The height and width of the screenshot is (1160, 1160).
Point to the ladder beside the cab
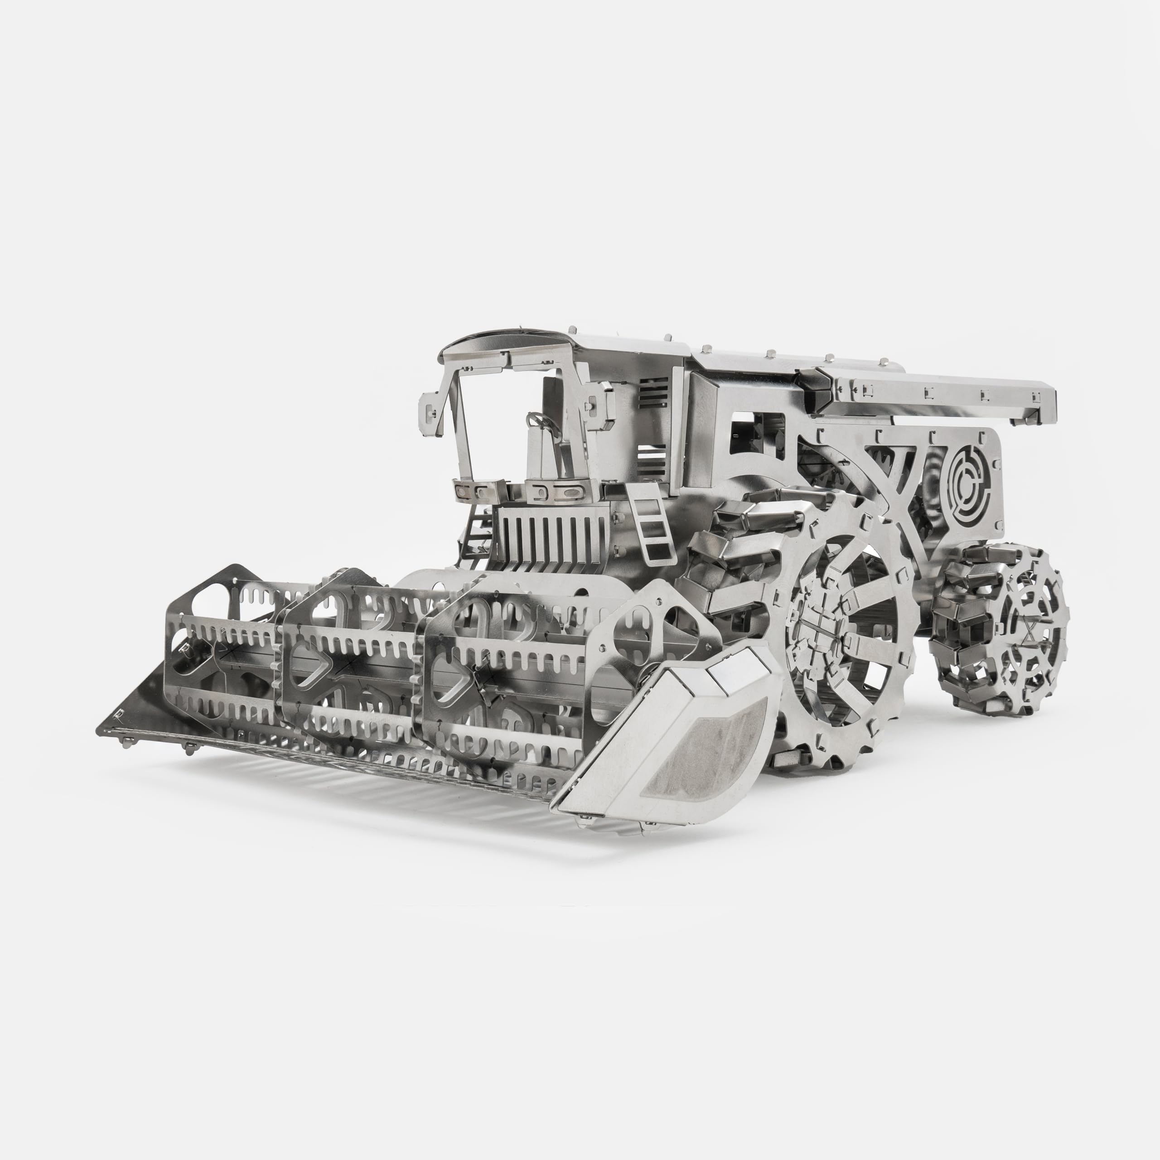[650, 528]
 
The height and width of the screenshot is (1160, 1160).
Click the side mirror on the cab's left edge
[430, 410]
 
